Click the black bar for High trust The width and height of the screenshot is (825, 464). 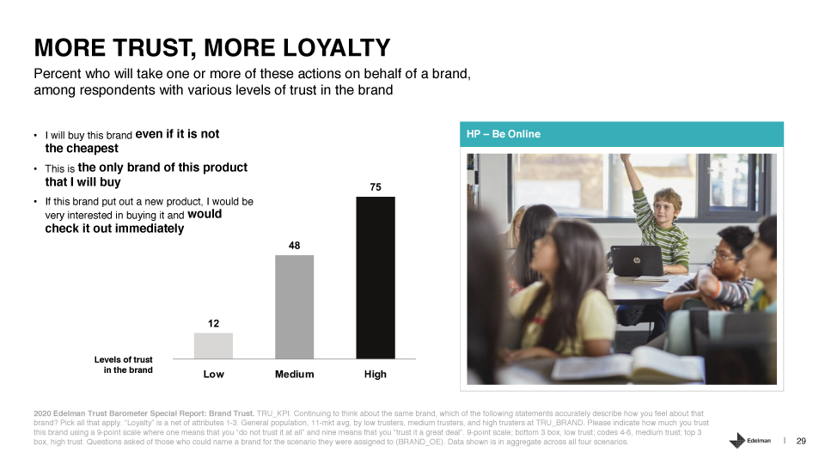coord(376,278)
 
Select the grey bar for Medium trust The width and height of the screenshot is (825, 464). coord(294,307)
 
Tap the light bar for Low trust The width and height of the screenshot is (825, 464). coord(213,345)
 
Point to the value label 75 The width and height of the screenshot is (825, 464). coord(376,187)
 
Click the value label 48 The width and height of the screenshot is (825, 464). coord(294,246)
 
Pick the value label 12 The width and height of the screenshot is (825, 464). coord(213,324)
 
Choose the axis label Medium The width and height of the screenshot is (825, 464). coord(294,374)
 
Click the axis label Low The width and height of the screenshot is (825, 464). coord(214,374)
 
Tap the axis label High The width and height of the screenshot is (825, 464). coord(376,374)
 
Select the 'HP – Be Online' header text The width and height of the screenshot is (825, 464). coord(504,134)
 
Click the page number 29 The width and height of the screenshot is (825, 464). coord(801,441)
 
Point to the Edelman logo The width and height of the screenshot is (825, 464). coord(749,440)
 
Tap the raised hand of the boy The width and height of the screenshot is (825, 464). coord(625,158)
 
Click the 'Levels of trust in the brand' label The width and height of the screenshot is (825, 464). coord(124,364)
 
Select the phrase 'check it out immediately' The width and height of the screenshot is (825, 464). coord(114,229)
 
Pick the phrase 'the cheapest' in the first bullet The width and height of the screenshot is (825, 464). coord(82,149)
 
